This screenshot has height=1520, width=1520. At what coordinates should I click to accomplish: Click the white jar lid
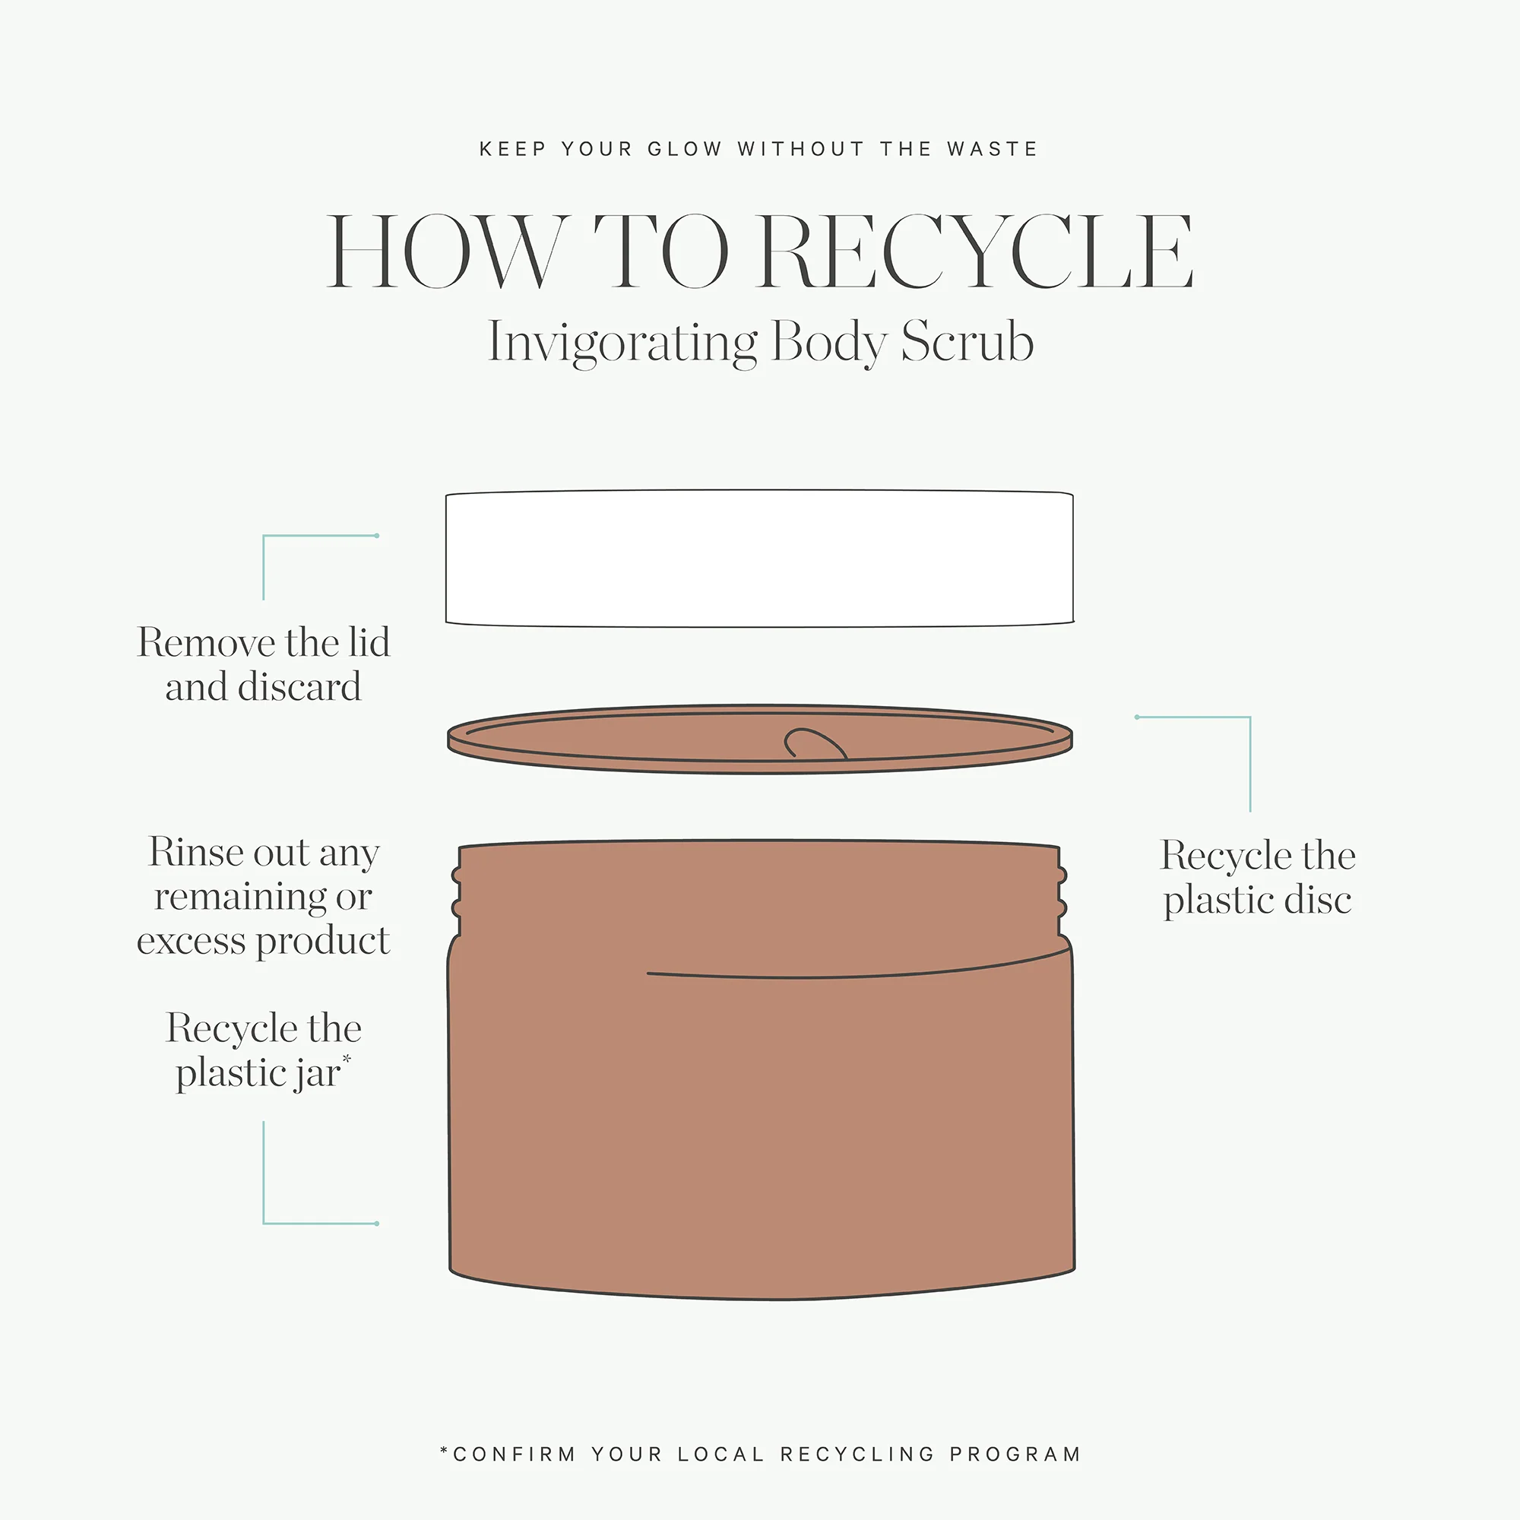(x=759, y=558)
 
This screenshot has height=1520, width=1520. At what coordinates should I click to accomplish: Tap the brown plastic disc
(x=759, y=739)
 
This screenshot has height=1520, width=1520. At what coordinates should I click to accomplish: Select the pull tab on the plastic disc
(x=815, y=743)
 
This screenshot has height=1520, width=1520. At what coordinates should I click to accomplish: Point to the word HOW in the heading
(x=446, y=252)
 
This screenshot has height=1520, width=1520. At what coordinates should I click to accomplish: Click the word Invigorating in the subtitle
(x=622, y=342)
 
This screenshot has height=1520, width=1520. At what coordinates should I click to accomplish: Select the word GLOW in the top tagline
(x=685, y=149)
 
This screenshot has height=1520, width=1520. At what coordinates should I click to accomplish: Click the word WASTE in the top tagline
(x=992, y=149)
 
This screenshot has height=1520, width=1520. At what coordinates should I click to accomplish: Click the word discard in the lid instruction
(x=299, y=686)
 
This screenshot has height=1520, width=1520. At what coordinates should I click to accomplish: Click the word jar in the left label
(x=317, y=1073)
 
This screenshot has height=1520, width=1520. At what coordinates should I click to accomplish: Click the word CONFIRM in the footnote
(x=515, y=1454)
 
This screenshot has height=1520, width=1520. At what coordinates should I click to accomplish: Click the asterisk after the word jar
(x=347, y=1059)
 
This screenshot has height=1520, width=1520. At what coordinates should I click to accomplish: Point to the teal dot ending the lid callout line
(x=377, y=536)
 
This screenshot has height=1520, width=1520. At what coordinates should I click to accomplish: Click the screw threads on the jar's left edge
(x=455, y=892)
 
